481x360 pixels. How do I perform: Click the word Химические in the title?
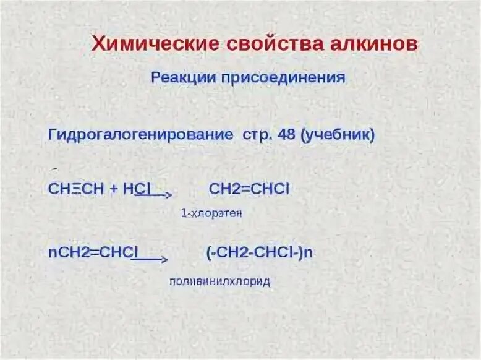[149, 45]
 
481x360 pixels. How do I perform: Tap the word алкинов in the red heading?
[371, 45]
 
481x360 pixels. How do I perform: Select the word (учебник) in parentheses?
[338, 135]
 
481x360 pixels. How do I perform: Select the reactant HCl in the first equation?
[137, 189]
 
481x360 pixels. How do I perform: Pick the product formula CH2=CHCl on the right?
[249, 189]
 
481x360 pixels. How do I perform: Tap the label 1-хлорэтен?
[211, 213]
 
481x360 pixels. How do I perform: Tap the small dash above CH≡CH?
[55, 169]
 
